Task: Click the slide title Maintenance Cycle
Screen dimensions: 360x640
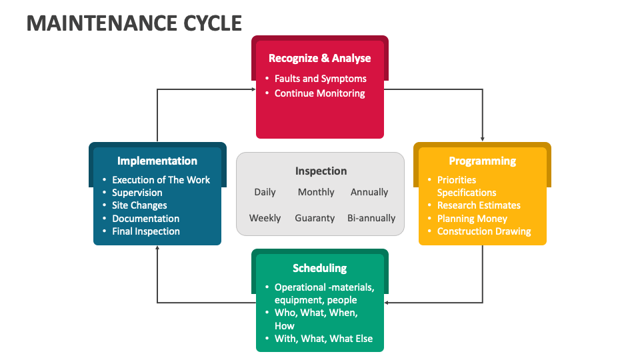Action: tap(133, 23)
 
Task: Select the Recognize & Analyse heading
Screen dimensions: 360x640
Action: tap(319, 58)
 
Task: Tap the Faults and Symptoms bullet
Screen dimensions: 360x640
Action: tap(320, 79)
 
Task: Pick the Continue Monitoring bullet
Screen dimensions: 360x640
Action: tap(319, 93)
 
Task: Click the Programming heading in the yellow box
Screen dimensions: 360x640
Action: tap(482, 161)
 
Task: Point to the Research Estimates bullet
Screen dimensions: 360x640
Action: tap(479, 205)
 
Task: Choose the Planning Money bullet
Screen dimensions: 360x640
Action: tap(472, 219)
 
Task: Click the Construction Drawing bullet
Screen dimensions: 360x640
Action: tap(484, 231)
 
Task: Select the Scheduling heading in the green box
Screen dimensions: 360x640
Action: tap(319, 268)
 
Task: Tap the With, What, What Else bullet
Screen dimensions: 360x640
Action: tap(323, 339)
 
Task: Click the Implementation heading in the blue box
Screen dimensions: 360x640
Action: tap(157, 161)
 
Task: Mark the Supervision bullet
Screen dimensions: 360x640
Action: tap(137, 193)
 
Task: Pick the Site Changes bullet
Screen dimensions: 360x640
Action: tap(139, 205)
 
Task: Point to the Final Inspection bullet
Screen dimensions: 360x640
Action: tap(145, 231)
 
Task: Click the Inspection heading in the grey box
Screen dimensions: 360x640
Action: tap(321, 171)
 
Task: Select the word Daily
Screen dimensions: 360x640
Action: tap(265, 192)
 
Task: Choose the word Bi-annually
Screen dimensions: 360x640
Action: tap(371, 218)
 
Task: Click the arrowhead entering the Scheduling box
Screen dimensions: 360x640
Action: tap(387, 303)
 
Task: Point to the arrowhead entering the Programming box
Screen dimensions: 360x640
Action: tap(482, 139)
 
